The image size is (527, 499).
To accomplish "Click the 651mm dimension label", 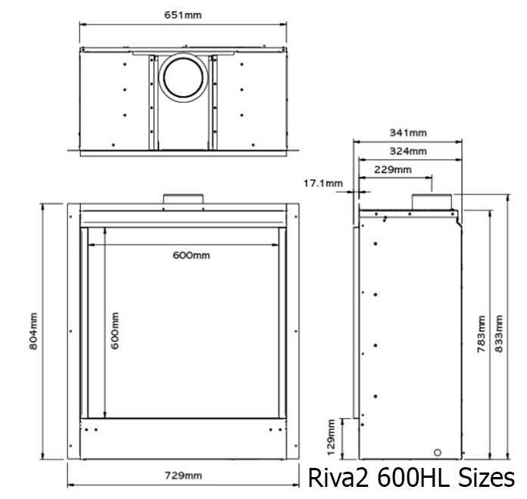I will coord(183,14).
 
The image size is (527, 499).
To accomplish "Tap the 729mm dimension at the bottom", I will coord(183,476).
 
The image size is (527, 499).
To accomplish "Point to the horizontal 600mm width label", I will coord(191,255).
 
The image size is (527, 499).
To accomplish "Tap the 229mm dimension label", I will coord(394,170).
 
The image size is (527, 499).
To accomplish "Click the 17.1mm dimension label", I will coord(323,183).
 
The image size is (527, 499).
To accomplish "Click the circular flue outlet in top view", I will coord(182,78).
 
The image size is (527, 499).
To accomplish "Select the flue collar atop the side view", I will coord(432,201).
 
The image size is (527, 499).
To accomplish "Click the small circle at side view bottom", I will coord(437,452).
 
